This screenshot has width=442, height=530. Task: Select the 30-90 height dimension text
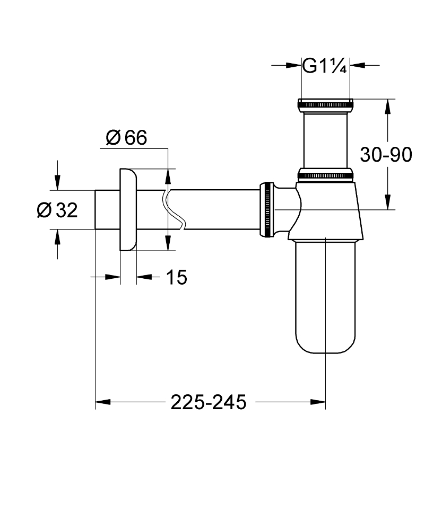[x=386, y=155]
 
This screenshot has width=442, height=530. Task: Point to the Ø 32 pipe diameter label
[x=57, y=210]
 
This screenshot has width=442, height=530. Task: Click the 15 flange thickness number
[x=177, y=277]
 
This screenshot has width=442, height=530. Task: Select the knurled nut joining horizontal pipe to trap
[x=266, y=209]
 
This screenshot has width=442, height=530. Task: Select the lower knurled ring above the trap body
[x=325, y=173]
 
